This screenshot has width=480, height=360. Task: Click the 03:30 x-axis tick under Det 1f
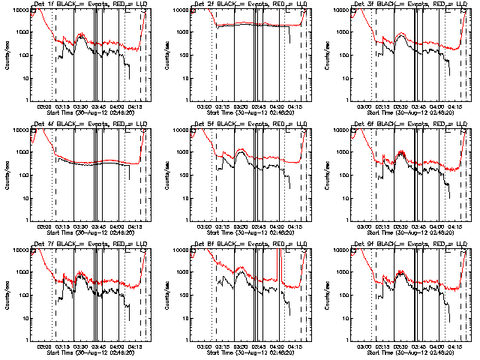(x=81, y=106)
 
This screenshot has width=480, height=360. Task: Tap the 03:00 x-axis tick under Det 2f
(x=204, y=106)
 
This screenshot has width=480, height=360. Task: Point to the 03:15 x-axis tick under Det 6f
(x=382, y=226)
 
